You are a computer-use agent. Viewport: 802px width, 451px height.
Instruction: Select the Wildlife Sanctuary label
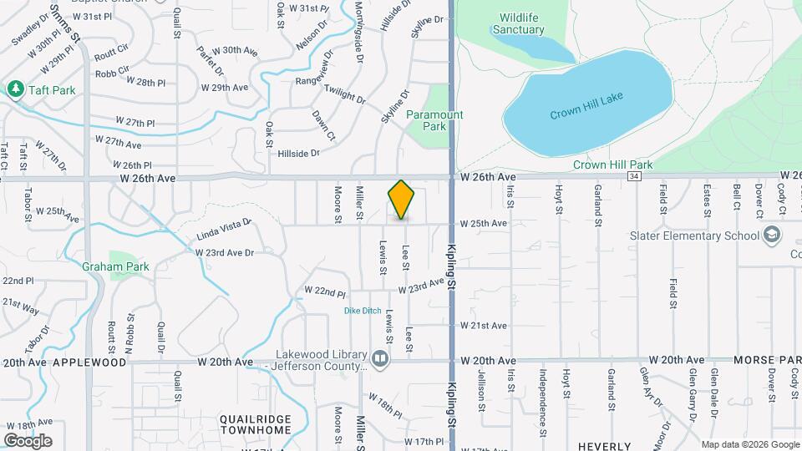[x=522, y=23]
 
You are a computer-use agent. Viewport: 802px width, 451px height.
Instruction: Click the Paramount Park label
[x=434, y=120]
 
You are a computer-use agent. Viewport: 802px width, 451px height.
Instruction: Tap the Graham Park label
[x=115, y=267]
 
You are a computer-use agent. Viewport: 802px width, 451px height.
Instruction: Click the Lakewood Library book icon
[x=381, y=359]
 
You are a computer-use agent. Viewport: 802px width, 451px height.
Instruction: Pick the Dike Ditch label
[x=363, y=311]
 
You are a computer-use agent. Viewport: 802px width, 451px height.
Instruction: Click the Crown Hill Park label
[x=612, y=165]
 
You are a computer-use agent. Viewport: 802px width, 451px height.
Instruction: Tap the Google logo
[x=28, y=440]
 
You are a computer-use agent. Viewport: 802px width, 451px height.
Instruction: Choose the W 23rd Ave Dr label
[x=224, y=251]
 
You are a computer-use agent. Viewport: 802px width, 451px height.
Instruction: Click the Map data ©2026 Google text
[x=749, y=444]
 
